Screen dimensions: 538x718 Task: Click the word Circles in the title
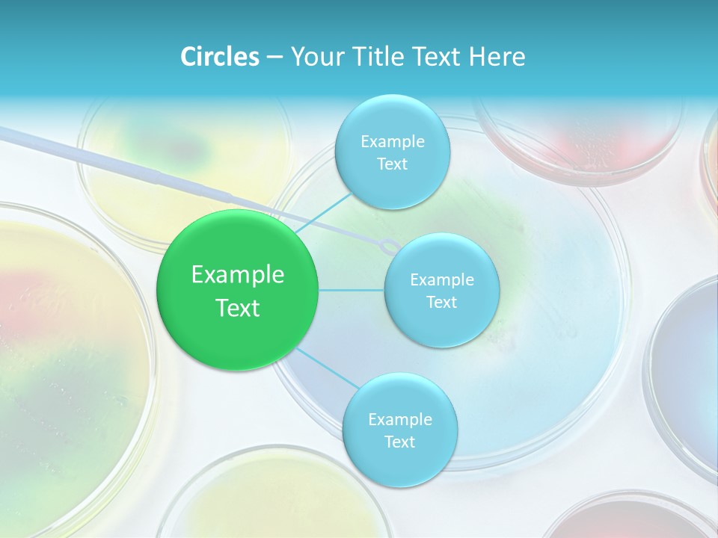(x=219, y=57)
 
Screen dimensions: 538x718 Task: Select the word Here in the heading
(x=497, y=57)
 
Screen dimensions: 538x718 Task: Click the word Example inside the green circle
(x=238, y=275)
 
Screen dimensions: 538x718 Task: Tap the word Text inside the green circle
(x=238, y=308)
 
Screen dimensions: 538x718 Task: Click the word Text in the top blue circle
(x=392, y=164)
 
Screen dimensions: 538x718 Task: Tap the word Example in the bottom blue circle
(x=399, y=419)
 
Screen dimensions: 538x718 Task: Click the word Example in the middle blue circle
(x=441, y=279)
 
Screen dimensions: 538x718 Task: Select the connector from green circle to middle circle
(x=351, y=290)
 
